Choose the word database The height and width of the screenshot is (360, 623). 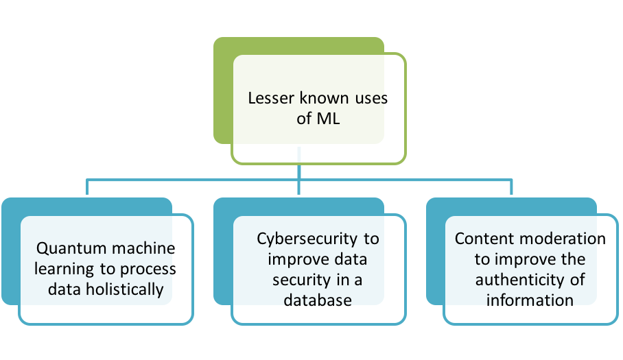pos(318,300)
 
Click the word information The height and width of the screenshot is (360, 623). pos(530,300)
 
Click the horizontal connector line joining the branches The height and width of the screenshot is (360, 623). pos(192,180)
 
